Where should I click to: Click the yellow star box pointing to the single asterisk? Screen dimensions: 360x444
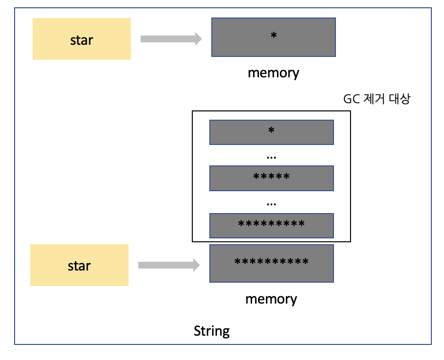pos(81,39)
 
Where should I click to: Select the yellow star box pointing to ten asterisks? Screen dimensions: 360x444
pos(79,265)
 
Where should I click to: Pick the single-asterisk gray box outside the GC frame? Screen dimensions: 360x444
pos(273,37)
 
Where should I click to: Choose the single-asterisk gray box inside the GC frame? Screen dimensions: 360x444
pos(271,132)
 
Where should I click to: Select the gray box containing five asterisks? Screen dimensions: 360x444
pos(271,178)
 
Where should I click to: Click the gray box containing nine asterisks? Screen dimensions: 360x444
pos(271,225)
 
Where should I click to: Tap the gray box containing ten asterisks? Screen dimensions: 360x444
pos(271,263)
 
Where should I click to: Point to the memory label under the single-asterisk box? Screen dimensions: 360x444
pos(273,73)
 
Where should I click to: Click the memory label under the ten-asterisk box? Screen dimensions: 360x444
pos(271,299)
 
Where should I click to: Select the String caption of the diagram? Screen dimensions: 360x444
pos(212,331)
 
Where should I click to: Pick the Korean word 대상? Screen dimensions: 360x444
pos(400,99)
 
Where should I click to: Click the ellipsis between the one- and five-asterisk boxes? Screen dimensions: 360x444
pos(272,158)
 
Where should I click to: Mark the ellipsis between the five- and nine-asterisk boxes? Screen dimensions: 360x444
pos(272,203)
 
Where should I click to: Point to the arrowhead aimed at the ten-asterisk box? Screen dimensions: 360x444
pos(196,265)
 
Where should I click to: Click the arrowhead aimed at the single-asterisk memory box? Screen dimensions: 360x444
pos(198,39)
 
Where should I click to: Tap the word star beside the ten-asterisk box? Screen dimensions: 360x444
pos(79,266)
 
